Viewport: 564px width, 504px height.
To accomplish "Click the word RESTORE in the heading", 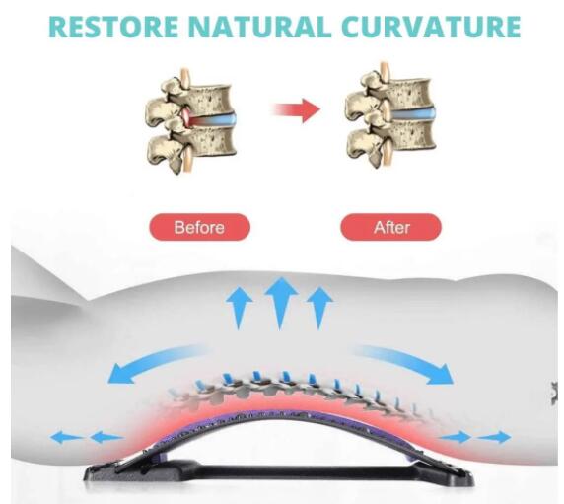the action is click(113, 27).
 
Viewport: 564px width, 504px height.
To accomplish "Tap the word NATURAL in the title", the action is click(259, 27).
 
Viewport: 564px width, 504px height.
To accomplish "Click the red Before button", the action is click(199, 227).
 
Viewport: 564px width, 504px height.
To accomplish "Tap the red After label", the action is click(391, 227).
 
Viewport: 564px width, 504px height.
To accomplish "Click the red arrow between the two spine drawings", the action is click(296, 109).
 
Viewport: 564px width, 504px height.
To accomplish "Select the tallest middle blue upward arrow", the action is click(280, 303).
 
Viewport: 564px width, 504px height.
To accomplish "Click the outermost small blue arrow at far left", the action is click(66, 438).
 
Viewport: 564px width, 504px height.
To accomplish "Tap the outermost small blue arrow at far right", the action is click(495, 438).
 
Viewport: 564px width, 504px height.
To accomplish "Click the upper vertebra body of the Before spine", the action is click(210, 98).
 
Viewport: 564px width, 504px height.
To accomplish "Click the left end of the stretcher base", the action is click(87, 474).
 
